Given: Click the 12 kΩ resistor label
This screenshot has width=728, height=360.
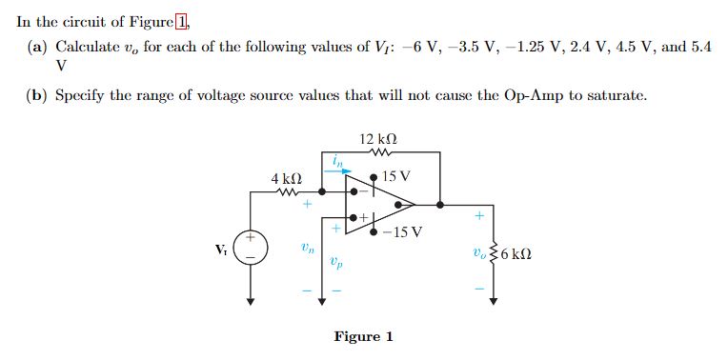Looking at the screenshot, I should point(378,139).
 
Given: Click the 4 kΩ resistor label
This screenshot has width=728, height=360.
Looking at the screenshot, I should point(286,178).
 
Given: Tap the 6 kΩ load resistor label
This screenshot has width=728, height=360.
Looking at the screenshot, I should point(516,254).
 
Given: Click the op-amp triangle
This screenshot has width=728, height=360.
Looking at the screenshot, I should point(381,203).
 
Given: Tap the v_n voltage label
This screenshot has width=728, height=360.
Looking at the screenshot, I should point(305,249).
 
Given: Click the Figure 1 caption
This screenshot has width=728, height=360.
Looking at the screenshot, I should point(363,336).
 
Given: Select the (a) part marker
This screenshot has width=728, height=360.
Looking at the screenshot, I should point(37,47).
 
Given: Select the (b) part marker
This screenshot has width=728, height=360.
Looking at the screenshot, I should point(37,95).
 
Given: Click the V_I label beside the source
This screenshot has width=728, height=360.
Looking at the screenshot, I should point(221,250).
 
